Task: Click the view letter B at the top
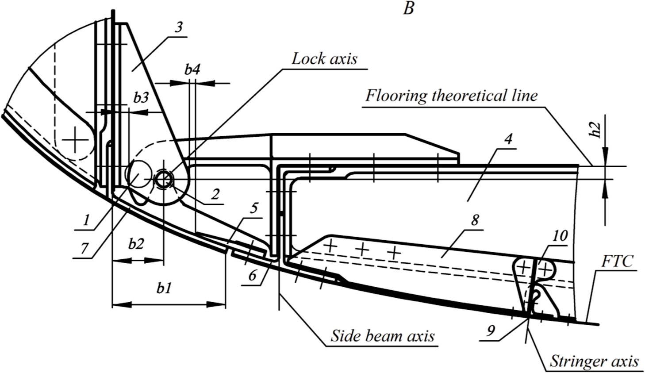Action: (408, 8)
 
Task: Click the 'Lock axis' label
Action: (324, 59)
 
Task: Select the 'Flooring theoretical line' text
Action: (451, 95)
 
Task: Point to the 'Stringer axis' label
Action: (594, 361)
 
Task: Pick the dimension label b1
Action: (164, 288)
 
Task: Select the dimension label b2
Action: (136, 243)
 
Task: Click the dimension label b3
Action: (141, 98)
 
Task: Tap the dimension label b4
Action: (192, 69)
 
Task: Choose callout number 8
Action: (475, 220)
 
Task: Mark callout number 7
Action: (84, 248)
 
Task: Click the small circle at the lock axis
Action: (163, 180)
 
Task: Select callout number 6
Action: (252, 276)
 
